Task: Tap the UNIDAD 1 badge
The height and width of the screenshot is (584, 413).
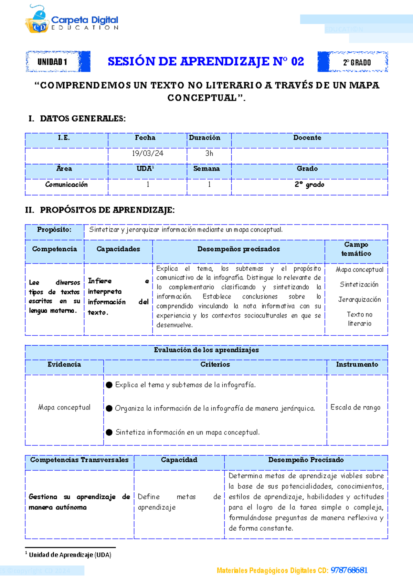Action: (x=52, y=62)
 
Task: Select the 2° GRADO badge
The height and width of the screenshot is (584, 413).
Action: (x=357, y=62)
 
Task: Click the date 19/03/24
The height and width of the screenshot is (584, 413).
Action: (x=147, y=154)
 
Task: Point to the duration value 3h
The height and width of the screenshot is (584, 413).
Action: (x=209, y=154)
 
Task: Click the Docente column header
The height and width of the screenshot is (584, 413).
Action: (x=307, y=138)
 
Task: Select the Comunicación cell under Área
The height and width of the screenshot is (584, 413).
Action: (x=66, y=185)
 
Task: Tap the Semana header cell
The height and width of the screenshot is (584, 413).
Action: (x=206, y=169)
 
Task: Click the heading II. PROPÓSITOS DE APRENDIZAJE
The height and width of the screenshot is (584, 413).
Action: (x=100, y=210)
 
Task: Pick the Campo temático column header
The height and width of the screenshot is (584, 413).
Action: (x=356, y=249)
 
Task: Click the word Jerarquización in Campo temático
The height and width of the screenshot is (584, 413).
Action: (x=359, y=300)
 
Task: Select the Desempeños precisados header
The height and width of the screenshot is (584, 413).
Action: (x=238, y=249)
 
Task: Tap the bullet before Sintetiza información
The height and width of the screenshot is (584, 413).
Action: (x=109, y=432)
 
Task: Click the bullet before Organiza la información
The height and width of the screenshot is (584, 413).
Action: (x=109, y=408)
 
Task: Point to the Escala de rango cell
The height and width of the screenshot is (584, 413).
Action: (x=355, y=407)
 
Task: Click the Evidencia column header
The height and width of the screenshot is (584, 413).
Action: (x=64, y=364)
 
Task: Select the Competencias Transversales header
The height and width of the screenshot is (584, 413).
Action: (x=79, y=460)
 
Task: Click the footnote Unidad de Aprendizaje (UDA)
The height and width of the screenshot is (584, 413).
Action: (x=70, y=555)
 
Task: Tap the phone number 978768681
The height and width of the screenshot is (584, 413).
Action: (x=349, y=571)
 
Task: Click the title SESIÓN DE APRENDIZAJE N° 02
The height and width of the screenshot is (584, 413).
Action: (x=205, y=62)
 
